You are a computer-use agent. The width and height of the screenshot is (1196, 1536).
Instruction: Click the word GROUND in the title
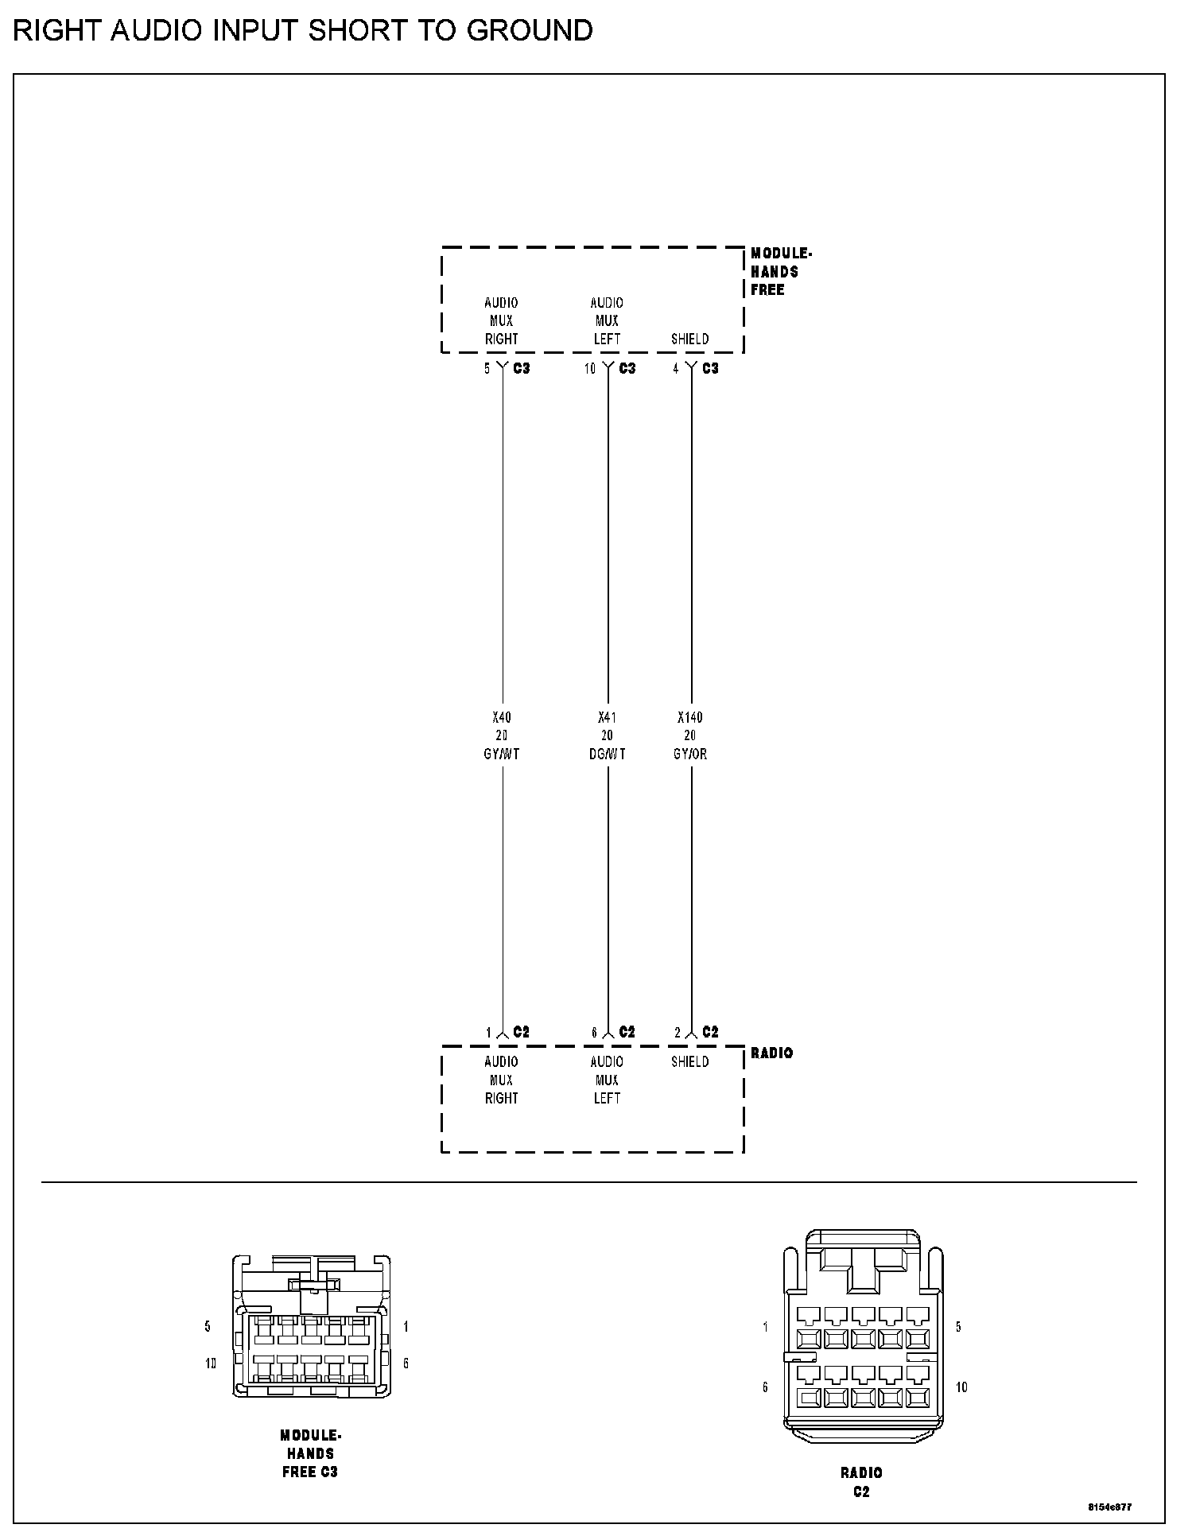(x=529, y=31)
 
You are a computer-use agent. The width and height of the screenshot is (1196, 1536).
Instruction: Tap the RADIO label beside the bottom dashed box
(x=771, y=1053)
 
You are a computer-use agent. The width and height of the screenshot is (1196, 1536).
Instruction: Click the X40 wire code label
(x=501, y=717)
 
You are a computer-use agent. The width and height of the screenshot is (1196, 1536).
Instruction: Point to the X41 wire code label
(x=607, y=717)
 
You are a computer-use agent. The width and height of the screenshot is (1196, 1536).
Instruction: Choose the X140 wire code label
(x=689, y=717)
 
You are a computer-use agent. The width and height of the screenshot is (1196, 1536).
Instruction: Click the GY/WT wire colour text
(x=501, y=754)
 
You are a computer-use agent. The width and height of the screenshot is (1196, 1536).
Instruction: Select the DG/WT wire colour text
(x=607, y=754)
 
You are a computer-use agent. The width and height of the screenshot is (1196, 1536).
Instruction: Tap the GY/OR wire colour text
(x=689, y=754)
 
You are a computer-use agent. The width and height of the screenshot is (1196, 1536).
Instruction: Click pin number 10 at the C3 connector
(x=590, y=369)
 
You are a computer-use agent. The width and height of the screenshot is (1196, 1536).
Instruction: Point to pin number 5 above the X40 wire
(x=487, y=369)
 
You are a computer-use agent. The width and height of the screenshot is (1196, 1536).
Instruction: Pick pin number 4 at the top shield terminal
(x=676, y=369)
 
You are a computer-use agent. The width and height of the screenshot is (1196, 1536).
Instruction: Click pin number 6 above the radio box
(x=594, y=1033)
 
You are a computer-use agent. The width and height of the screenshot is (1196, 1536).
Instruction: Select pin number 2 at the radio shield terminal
(x=678, y=1033)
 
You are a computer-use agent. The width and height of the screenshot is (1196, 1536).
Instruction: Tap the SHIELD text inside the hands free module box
(x=689, y=339)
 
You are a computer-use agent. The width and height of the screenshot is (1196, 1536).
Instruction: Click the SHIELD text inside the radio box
(x=689, y=1062)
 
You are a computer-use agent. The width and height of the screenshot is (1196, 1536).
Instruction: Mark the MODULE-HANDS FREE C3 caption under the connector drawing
(x=310, y=1453)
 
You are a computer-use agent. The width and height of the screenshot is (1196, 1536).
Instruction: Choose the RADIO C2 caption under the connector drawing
(x=861, y=1482)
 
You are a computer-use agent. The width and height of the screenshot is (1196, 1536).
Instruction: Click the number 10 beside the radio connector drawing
(x=961, y=1387)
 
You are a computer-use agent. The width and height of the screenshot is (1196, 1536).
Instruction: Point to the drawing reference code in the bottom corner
(x=1110, y=1507)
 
